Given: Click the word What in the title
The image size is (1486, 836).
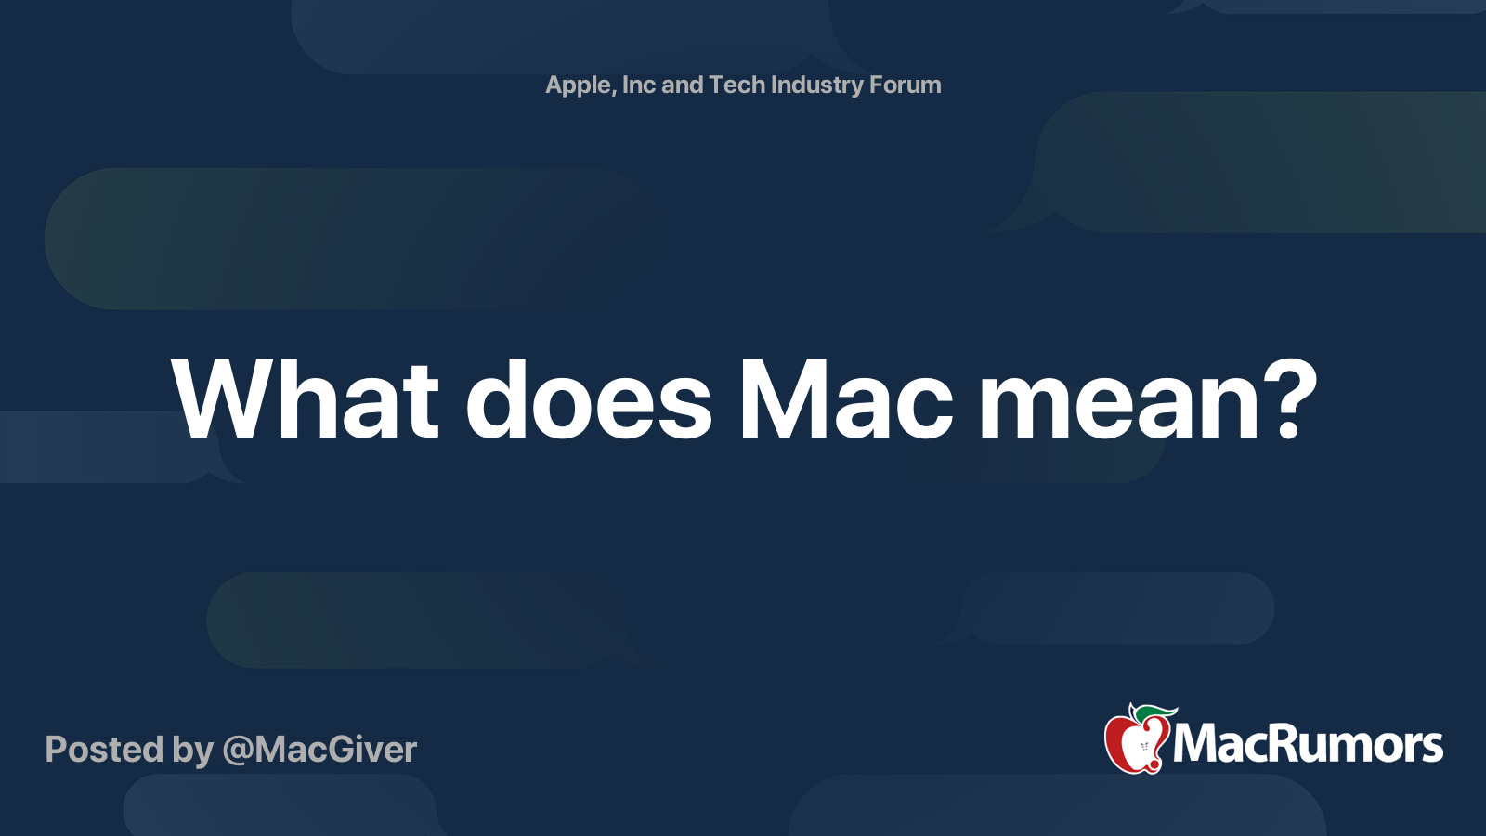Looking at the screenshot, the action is (x=305, y=399).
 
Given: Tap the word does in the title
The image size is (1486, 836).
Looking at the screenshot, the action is (x=589, y=399).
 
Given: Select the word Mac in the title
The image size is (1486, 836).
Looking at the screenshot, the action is (x=846, y=399).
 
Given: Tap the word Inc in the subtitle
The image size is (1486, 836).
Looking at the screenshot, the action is (x=638, y=85).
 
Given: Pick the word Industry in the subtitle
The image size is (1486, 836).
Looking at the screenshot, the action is (x=817, y=85).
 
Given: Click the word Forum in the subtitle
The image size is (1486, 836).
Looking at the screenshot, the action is (x=906, y=85).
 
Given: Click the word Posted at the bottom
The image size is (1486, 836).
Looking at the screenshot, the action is (x=104, y=750).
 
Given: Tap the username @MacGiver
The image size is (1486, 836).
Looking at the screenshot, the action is (x=319, y=751).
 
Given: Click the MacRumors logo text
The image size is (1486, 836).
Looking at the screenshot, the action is (x=1308, y=745).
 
